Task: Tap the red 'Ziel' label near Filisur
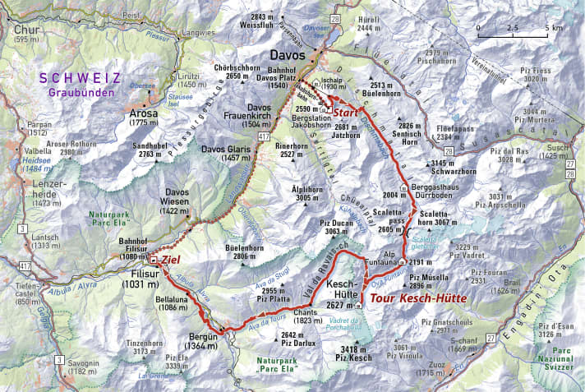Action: tap(170, 260)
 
